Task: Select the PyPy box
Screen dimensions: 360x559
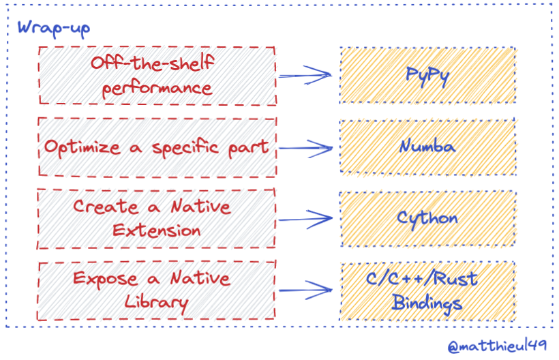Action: pos(427,75)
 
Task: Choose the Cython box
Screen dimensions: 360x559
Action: pos(427,218)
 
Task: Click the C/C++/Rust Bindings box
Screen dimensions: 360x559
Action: pos(427,290)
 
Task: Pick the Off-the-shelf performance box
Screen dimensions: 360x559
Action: pos(157,75)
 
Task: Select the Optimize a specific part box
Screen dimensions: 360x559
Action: pos(157,147)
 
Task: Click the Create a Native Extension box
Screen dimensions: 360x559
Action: pos(157,218)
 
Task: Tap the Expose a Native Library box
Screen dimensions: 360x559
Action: pos(157,290)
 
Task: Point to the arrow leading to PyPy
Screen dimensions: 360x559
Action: pos(307,74)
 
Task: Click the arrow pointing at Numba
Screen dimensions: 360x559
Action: pos(307,147)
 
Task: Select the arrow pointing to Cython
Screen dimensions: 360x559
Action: pos(307,219)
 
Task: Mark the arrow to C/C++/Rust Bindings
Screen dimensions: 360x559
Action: pos(307,289)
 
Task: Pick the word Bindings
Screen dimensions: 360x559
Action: pos(427,302)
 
